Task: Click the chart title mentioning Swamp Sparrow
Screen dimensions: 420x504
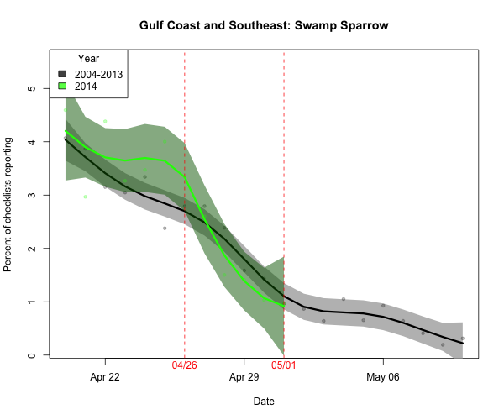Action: [x=263, y=25]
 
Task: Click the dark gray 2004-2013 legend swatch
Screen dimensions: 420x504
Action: [x=62, y=74]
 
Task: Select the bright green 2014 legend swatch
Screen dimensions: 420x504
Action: [x=62, y=86]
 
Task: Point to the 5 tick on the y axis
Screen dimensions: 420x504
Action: [x=32, y=88]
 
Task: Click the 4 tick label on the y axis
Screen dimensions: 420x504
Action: [x=32, y=142]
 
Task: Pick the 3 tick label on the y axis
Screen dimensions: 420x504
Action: [x=32, y=195]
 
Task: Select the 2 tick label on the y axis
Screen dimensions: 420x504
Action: [x=32, y=249]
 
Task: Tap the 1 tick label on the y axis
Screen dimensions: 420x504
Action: [x=32, y=302]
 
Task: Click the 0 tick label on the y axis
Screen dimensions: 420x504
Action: [x=32, y=355]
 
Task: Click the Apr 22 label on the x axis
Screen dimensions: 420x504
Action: [x=105, y=377]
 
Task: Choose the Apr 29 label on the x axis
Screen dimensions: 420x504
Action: [x=244, y=377]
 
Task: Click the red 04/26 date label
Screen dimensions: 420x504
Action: [x=185, y=367]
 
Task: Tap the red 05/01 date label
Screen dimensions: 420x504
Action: [x=284, y=367]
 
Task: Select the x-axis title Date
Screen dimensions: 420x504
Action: [x=263, y=402]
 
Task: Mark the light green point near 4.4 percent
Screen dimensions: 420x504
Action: [x=105, y=122]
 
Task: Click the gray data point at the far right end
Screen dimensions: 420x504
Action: [x=462, y=339]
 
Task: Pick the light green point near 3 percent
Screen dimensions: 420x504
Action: [x=86, y=197]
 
